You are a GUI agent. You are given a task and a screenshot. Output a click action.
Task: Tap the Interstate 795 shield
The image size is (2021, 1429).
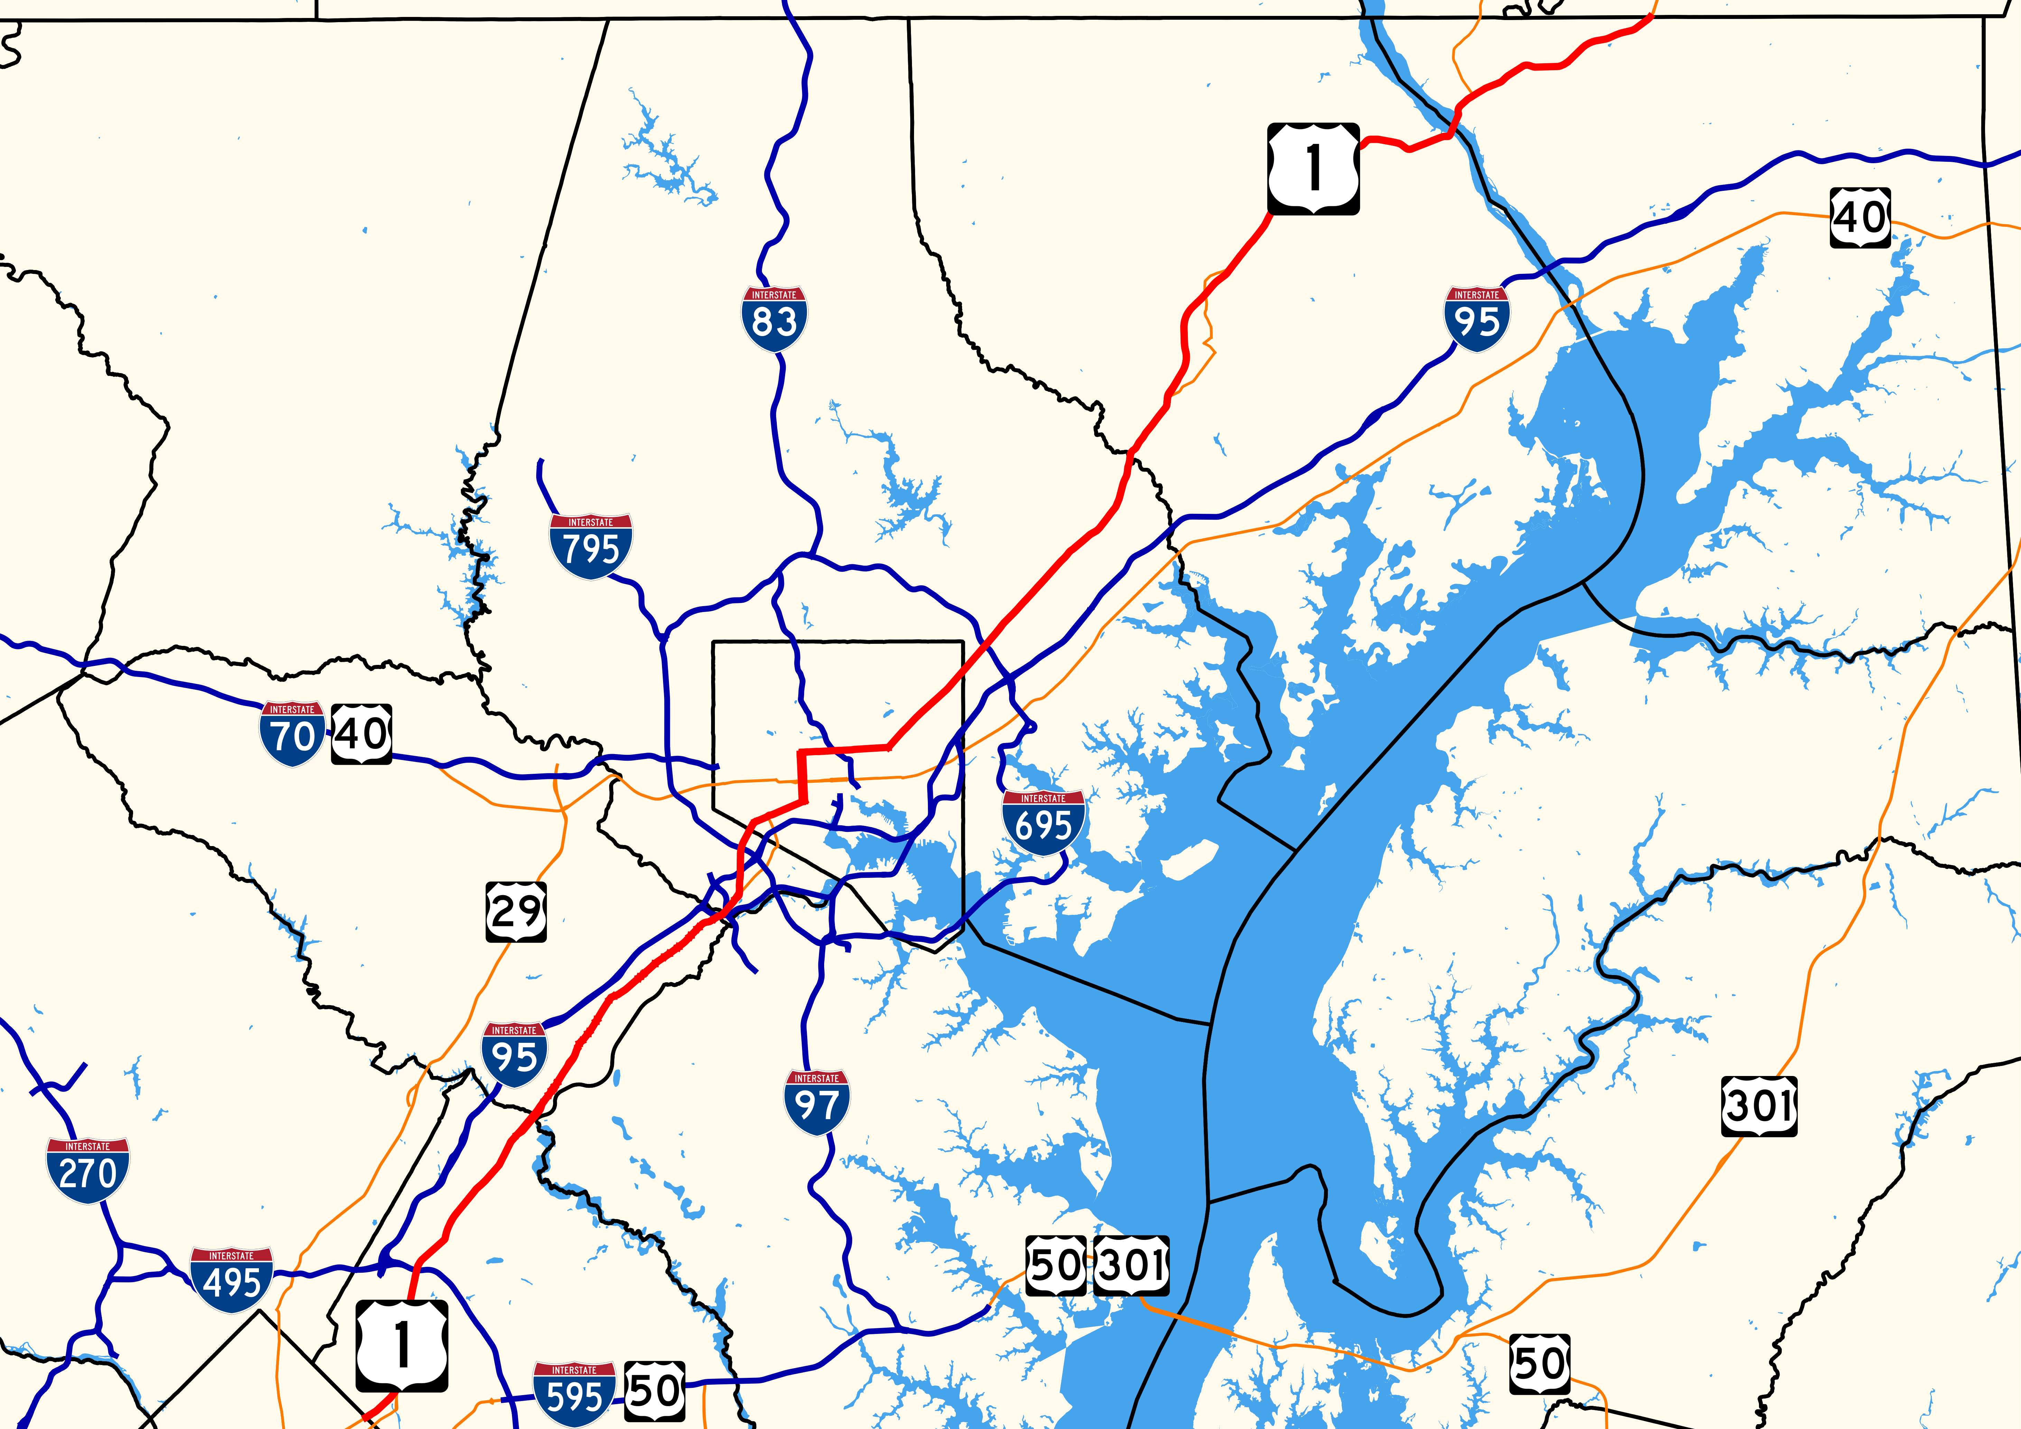click(x=590, y=546)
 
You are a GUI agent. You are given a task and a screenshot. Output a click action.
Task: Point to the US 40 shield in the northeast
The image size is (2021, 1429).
click(x=1860, y=216)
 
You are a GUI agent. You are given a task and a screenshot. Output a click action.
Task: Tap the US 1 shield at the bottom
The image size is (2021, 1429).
click(x=401, y=1345)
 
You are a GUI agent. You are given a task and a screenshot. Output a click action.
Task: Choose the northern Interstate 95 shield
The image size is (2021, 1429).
click(x=1476, y=319)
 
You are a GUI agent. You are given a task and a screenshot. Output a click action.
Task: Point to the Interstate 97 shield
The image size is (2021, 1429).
click(x=817, y=1102)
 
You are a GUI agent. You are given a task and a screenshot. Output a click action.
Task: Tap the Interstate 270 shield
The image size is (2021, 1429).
click(x=88, y=1170)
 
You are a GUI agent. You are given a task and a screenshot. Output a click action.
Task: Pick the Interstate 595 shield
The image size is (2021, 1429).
click(x=574, y=1394)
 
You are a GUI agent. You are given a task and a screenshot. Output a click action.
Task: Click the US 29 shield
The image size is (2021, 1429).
click(x=516, y=911)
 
